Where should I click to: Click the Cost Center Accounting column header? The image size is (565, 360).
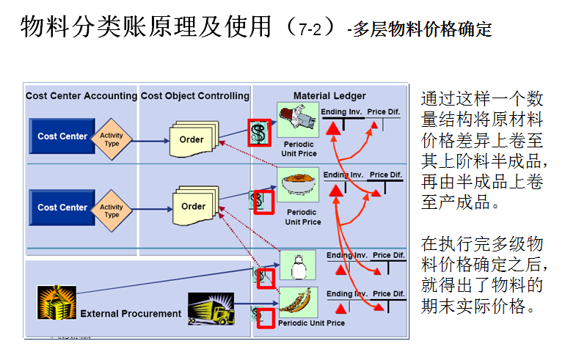tap(81, 96)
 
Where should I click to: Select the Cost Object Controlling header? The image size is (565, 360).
tap(195, 96)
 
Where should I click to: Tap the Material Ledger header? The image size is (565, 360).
tap(329, 96)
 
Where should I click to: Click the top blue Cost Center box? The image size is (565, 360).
tap(62, 136)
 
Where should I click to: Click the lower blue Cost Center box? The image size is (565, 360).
tap(62, 207)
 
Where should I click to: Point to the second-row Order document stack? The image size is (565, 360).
tap(193, 206)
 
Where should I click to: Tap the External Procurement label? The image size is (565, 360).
tap(131, 314)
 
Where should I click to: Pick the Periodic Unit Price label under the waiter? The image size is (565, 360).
tap(299, 149)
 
